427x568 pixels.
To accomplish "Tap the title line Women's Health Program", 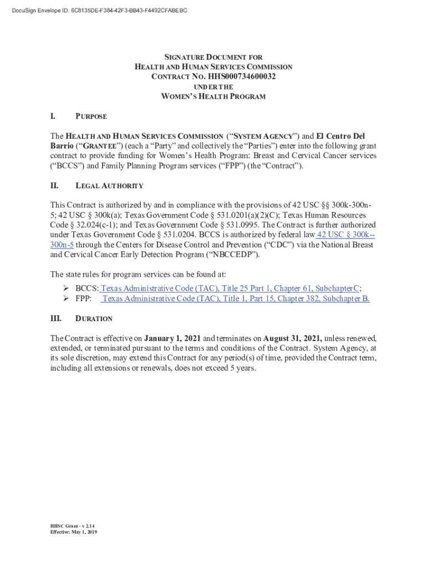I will (x=213, y=97).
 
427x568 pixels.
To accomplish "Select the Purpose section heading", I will (x=91, y=117).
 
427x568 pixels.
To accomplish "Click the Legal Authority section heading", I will (x=109, y=186).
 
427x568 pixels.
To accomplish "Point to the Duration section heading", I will (x=94, y=319).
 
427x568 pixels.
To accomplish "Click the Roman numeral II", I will (x=54, y=186).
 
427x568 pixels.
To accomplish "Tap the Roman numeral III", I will (x=55, y=319).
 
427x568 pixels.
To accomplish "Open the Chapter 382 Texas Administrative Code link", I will (x=236, y=298).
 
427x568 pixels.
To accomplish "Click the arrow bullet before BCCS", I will (x=65, y=288).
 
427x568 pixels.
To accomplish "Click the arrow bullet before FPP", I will (x=65, y=298).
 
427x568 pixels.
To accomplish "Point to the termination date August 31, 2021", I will (x=292, y=338).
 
